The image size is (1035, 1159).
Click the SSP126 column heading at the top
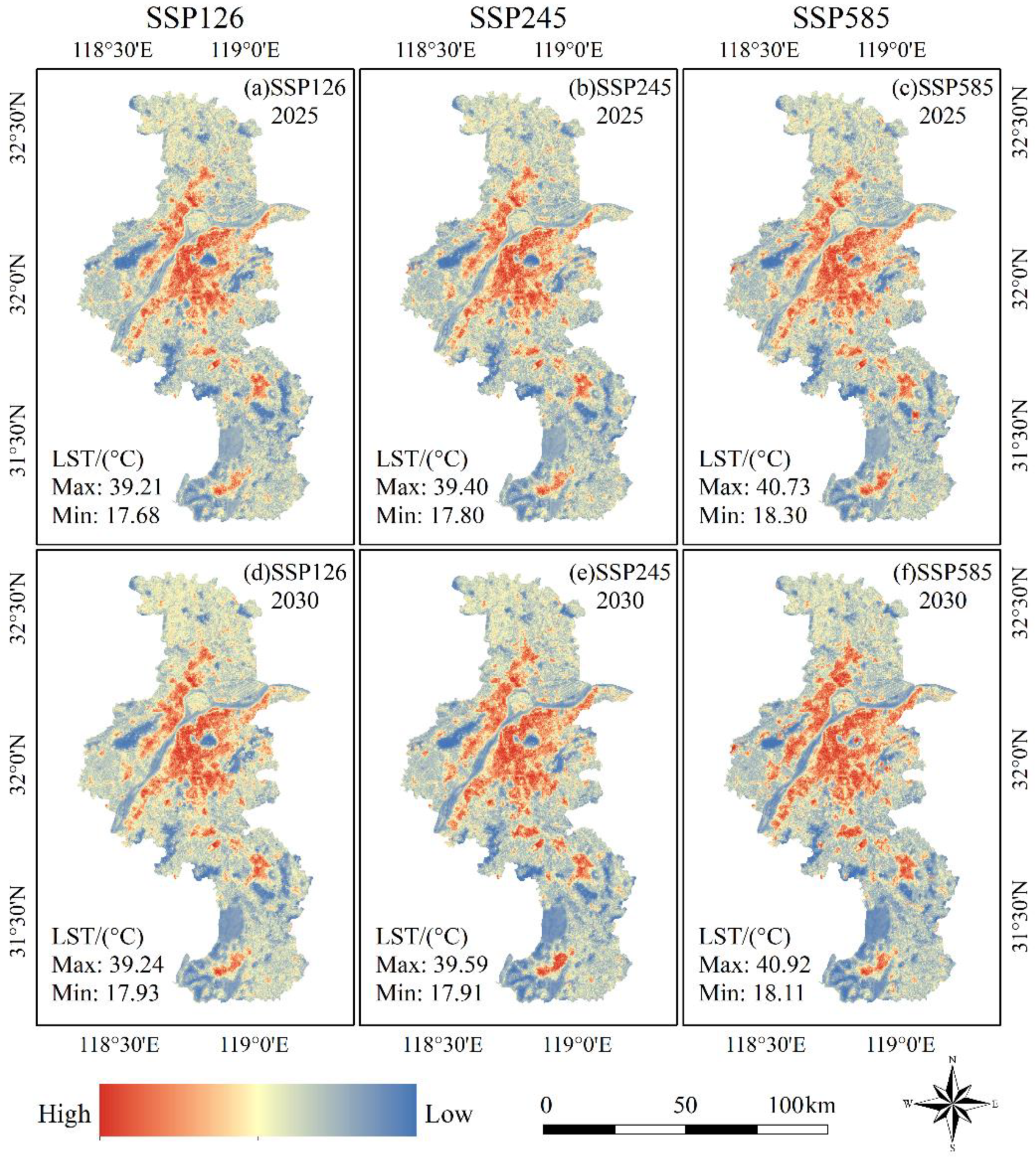(195, 18)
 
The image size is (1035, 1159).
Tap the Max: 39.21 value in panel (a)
(107, 487)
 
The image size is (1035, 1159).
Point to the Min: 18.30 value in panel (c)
(753, 515)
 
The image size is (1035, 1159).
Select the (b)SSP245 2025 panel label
(620, 101)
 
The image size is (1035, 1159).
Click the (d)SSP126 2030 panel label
(295, 586)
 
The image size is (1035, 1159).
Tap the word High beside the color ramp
(64, 1114)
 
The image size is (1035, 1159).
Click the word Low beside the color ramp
(449, 1114)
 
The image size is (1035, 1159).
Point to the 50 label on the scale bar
(685, 1089)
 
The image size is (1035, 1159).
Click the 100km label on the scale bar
(802, 1089)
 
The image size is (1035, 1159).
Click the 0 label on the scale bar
(546, 1089)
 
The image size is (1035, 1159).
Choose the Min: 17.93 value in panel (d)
(106, 993)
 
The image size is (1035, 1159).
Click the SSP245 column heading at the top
(517, 18)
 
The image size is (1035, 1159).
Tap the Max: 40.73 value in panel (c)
(754, 487)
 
